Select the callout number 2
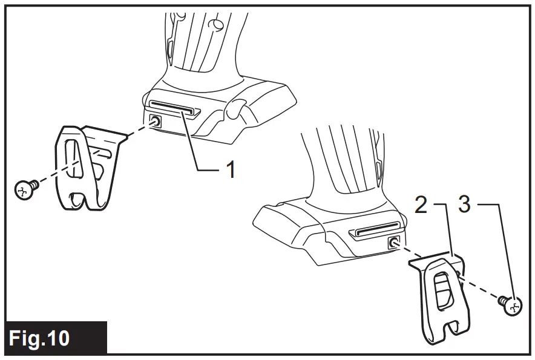point(421,205)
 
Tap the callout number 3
point(464,205)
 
